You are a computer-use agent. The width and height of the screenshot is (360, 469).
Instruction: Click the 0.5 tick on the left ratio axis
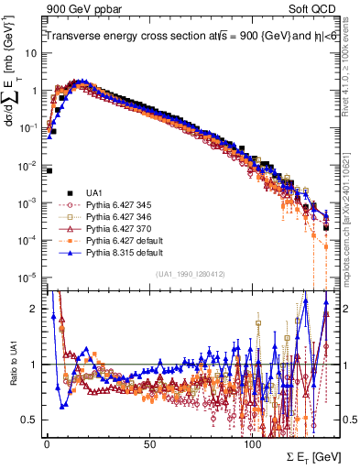pos(29,420)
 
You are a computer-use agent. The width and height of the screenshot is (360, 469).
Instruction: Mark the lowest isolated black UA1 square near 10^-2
pos(49,170)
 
